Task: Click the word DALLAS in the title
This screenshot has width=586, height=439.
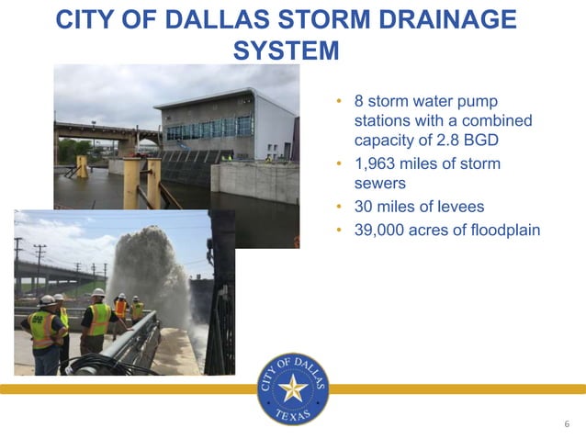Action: coord(208,20)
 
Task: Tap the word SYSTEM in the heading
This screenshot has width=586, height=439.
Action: coord(286,51)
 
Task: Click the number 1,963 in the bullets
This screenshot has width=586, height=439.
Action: coord(378,163)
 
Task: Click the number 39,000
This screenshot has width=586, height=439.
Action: coord(382,230)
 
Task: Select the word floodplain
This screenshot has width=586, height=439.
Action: coord(500,230)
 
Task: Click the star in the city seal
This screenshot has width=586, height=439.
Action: coord(293,388)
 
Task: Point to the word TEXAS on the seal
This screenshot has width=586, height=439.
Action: coord(293,415)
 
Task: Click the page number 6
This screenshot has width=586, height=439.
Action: coord(567,424)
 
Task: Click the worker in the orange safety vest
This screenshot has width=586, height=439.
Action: coord(120,310)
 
